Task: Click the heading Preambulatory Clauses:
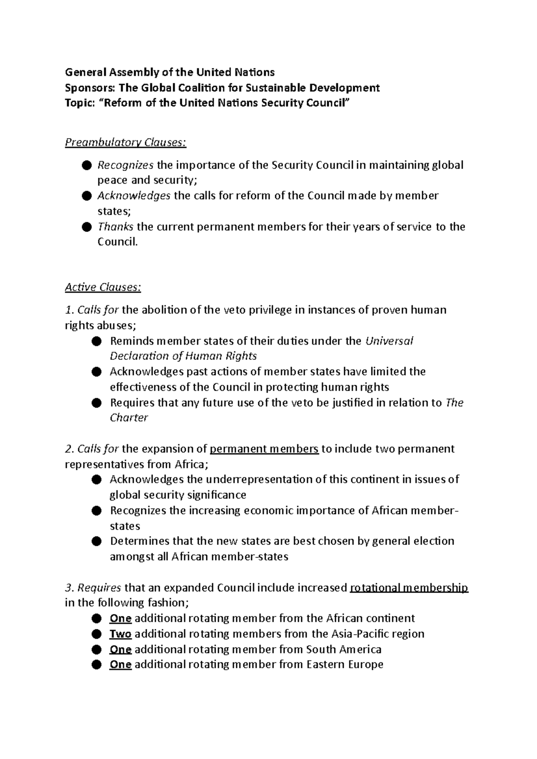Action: click(x=125, y=143)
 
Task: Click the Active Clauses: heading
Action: click(x=103, y=287)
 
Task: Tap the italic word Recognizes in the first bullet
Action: click(x=125, y=165)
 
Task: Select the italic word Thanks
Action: click(x=115, y=227)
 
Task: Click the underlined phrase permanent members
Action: click(x=264, y=449)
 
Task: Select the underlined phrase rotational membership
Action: click(x=409, y=587)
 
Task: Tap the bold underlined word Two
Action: click(x=120, y=634)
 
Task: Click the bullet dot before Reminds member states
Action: click(x=96, y=342)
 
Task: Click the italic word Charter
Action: click(x=129, y=418)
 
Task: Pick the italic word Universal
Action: click(x=389, y=341)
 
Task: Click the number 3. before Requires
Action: click(x=69, y=587)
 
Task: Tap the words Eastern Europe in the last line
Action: click(x=345, y=665)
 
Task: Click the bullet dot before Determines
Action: click(x=96, y=541)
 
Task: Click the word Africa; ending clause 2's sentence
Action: click(x=192, y=464)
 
